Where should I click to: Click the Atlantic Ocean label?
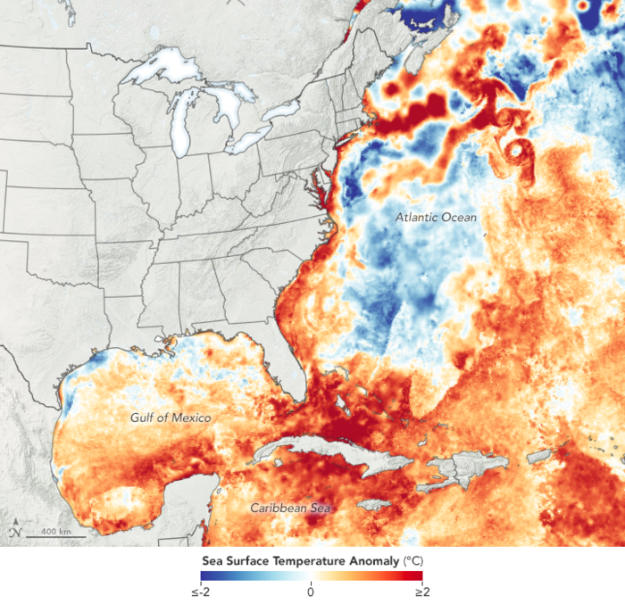click(x=437, y=217)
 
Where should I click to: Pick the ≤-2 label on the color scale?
click(x=199, y=592)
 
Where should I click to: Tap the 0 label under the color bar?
click(x=311, y=592)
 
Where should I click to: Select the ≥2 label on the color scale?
click(x=422, y=592)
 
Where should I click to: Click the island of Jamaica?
click(x=371, y=505)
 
